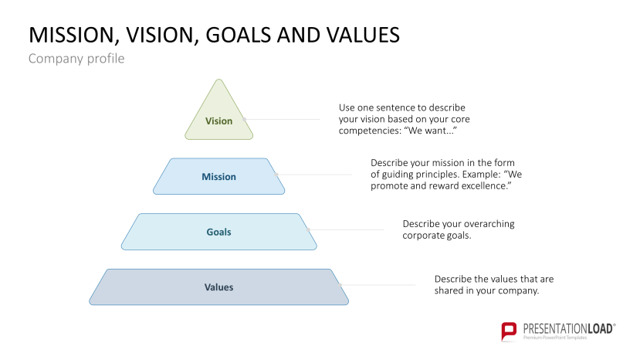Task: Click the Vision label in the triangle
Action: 218,121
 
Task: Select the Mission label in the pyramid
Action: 218,177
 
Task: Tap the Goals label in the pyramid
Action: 218,232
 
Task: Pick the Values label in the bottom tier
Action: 218,287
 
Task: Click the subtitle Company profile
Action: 76,59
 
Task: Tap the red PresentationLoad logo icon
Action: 509,331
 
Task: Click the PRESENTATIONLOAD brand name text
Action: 567,328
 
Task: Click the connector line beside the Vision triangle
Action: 286,120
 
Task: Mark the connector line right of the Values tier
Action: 382,284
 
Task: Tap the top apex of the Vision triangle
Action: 219,80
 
